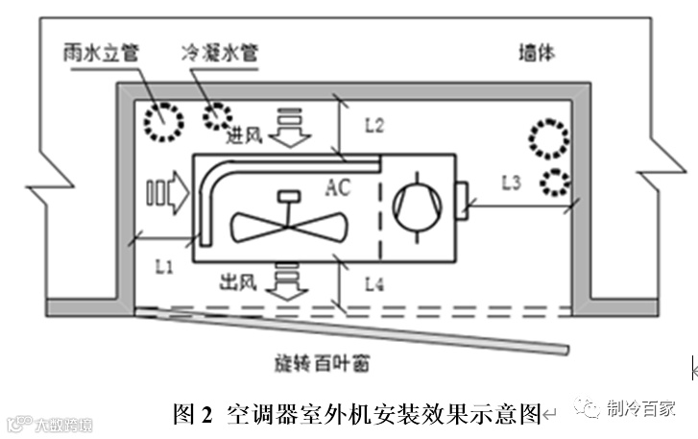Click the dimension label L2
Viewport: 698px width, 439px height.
click(373, 125)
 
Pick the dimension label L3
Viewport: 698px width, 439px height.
click(513, 182)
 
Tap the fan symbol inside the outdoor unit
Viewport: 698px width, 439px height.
click(284, 226)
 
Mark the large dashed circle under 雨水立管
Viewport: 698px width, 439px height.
click(162, 122)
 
